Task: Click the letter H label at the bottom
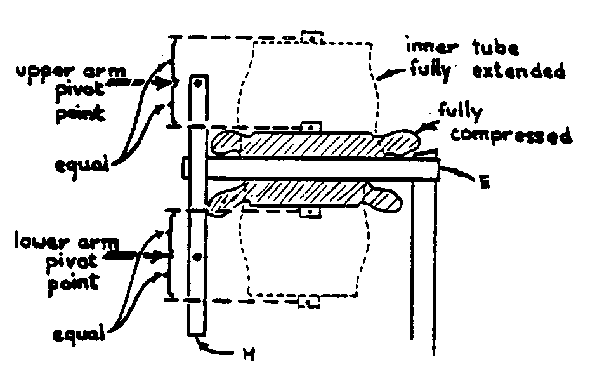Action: tap(249, 354)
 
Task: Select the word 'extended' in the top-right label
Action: tap(518, 70)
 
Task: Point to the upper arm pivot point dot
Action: tap(199, 83)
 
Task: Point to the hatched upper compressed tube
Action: tap(311, 144)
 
